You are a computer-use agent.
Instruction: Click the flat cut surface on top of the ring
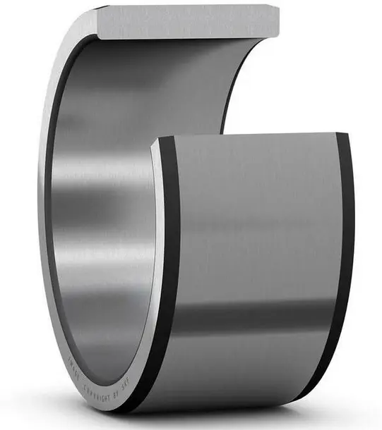coord(187,20)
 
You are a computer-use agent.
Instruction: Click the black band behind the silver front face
coord(169,268)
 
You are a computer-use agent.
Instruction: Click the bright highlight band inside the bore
coord(99,169)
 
